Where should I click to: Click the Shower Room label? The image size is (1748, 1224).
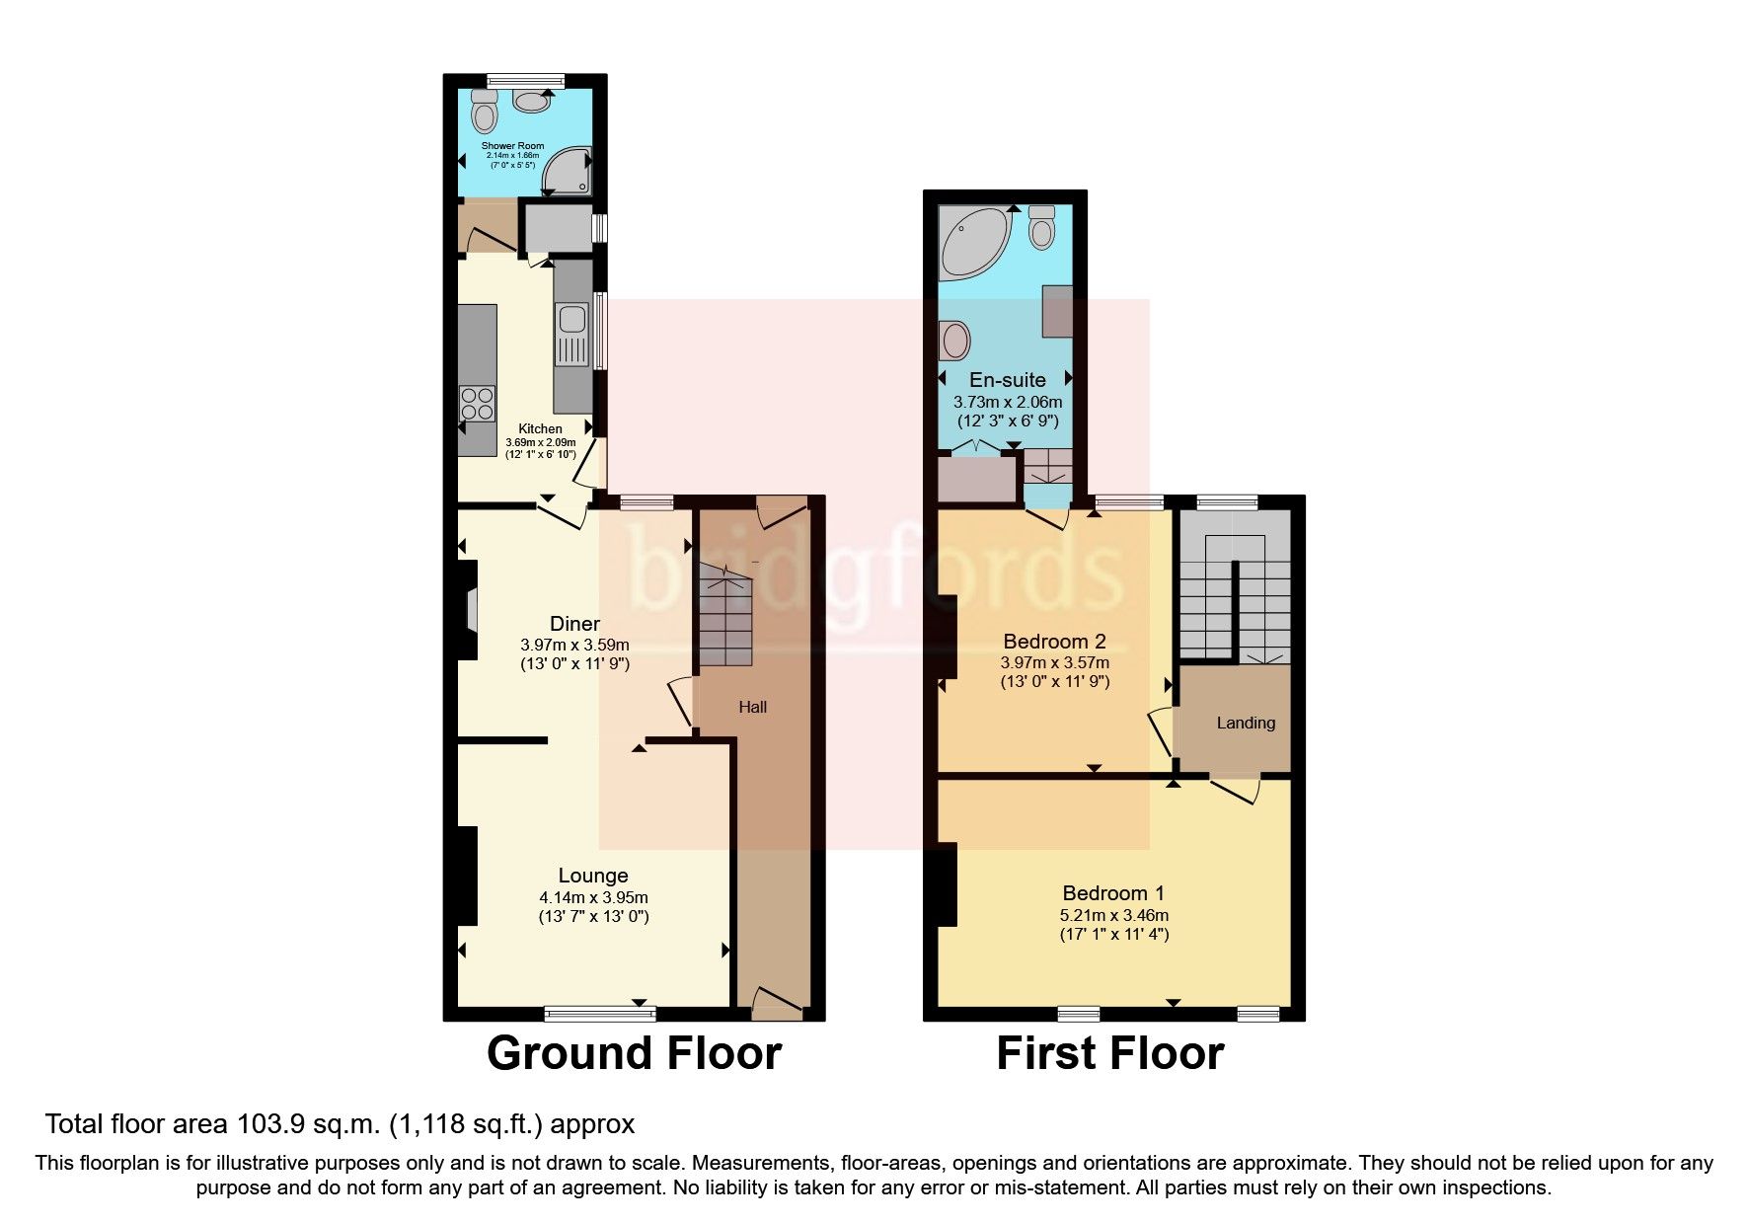point(512,146)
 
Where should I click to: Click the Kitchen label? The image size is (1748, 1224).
point(540,428)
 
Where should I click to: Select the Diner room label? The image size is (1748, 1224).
point(574,624)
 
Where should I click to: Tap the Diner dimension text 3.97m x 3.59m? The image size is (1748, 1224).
point(574,645)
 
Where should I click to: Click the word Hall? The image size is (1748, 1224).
point(752,707)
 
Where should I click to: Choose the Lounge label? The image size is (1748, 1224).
point(593,876)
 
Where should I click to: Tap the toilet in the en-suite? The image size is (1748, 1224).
point(1041,226)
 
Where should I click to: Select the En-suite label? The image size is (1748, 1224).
point(1007,380)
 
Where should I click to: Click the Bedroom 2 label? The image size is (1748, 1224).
point(1054,641)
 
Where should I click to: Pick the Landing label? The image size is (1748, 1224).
point(1246,723)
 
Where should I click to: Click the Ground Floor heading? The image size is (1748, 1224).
point(634,1053)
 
